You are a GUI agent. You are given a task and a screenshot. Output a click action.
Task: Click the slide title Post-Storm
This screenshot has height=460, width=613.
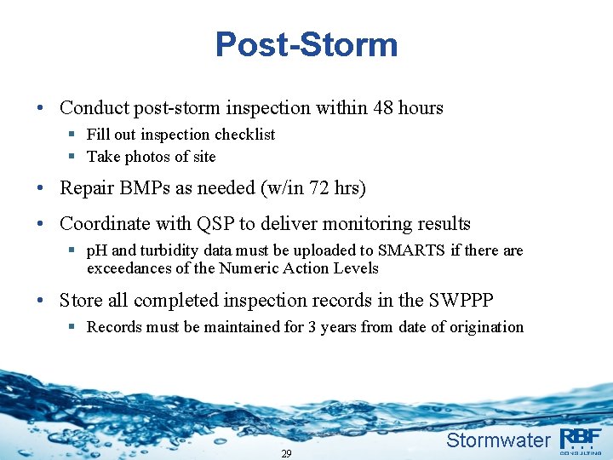tap(306, 44)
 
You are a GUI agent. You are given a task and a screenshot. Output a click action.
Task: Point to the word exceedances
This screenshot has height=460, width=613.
tap(129, 268)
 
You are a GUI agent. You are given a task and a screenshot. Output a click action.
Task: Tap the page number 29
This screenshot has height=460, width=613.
tap(286, 453)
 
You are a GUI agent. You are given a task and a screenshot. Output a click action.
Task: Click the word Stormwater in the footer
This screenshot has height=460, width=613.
tap(498, 440)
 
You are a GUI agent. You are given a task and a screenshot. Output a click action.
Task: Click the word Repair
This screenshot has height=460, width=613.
tap(86, 189)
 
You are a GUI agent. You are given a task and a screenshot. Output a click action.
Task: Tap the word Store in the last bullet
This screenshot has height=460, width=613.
tap(80, 301)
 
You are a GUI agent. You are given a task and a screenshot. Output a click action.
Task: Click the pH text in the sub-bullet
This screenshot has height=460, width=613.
tap(97, 250)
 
